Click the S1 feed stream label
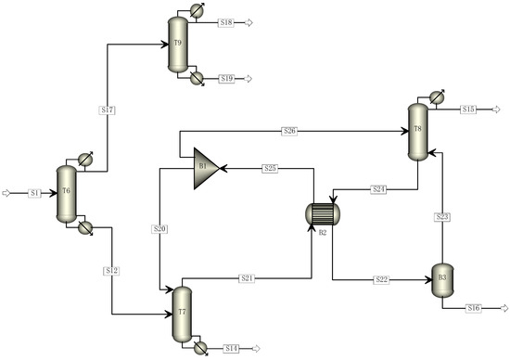[34, 193]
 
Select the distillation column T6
[65, 193]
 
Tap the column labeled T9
[177, 45]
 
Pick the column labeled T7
[181, 311]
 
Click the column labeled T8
[417, 130]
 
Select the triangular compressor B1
[204, 168]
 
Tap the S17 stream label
[108, 110]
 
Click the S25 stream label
[270, 168]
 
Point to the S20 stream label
[160, 228]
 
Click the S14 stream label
[232, 348]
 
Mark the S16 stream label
[473, 307]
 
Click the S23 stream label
[442, 216]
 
